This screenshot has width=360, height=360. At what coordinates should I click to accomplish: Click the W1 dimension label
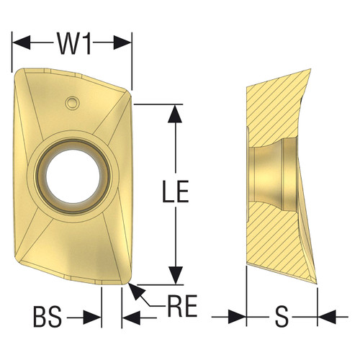point(73,45)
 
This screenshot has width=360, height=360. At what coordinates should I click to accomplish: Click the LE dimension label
point(175,192)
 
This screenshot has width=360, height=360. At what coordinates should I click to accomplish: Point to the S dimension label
point(282,316)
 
